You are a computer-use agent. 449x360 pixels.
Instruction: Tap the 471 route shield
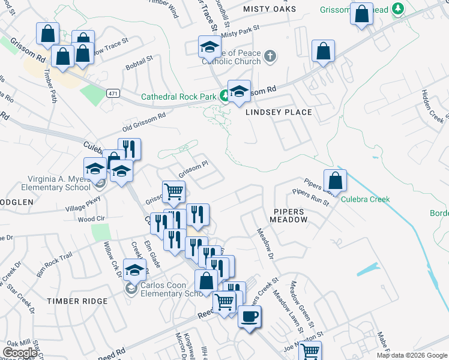[x=112, y=94]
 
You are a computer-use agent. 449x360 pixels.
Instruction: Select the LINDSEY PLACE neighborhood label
[x=278, y=112]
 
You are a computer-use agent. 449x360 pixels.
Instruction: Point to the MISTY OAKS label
[x=270, y=10]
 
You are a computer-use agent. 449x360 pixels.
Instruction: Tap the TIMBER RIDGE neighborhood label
[x=77, y=301]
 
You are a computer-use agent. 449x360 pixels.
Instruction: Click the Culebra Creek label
[x=366, y=199]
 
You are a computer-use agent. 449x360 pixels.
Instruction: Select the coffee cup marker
[x=250, y=316]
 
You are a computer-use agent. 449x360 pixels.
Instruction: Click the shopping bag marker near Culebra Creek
[x=334, y=179]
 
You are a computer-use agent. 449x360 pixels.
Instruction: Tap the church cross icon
[x=270, y=56]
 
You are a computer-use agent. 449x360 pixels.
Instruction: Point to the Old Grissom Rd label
[x=144, y=122]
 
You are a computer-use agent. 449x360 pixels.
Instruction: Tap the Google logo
[x=20, y=353]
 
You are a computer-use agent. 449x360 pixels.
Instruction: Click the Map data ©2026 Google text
[x=411, y=355]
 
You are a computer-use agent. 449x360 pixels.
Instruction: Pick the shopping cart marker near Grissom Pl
[x=173, y=191]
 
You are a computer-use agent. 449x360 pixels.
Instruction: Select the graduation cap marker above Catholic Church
[x=209, y=46]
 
